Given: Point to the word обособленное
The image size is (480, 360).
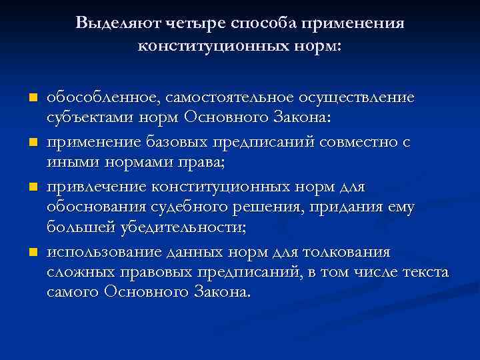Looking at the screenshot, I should [102, 98].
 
